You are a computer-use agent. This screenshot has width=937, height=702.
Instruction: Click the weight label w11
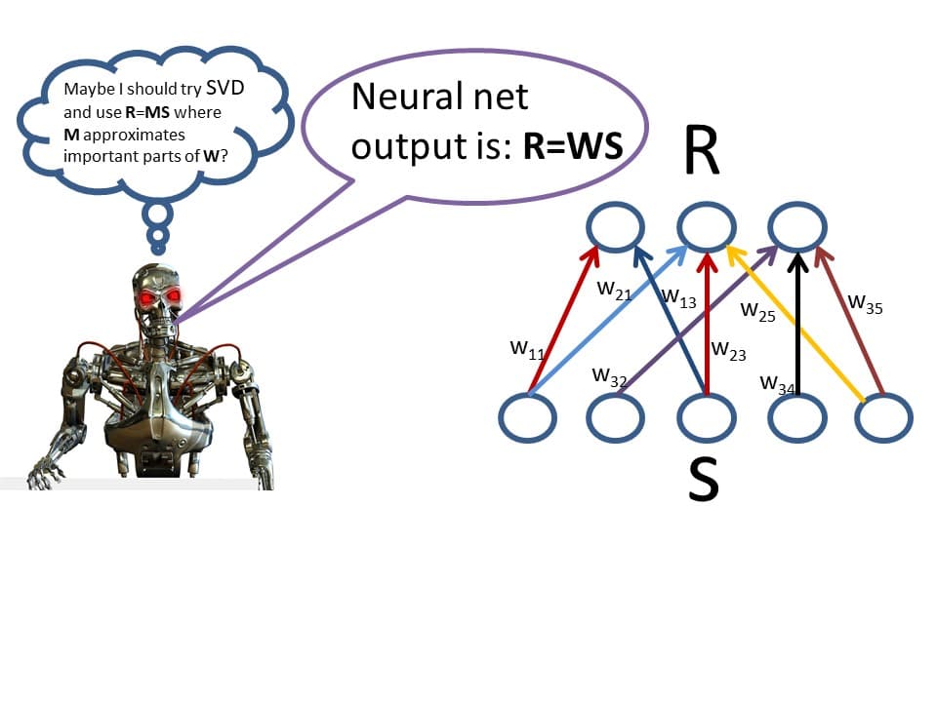click(527, 349)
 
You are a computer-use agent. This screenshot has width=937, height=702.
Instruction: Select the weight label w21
click(614, 290)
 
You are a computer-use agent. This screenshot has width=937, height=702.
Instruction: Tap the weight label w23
click(729, 351)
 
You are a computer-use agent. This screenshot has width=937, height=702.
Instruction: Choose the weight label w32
click(609, 377)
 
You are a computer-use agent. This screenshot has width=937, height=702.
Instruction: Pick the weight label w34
click(777, 384)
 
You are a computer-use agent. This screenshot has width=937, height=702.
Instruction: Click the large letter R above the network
click(701, 151)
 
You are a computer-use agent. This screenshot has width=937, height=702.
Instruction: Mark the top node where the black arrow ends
click(798, 228)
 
